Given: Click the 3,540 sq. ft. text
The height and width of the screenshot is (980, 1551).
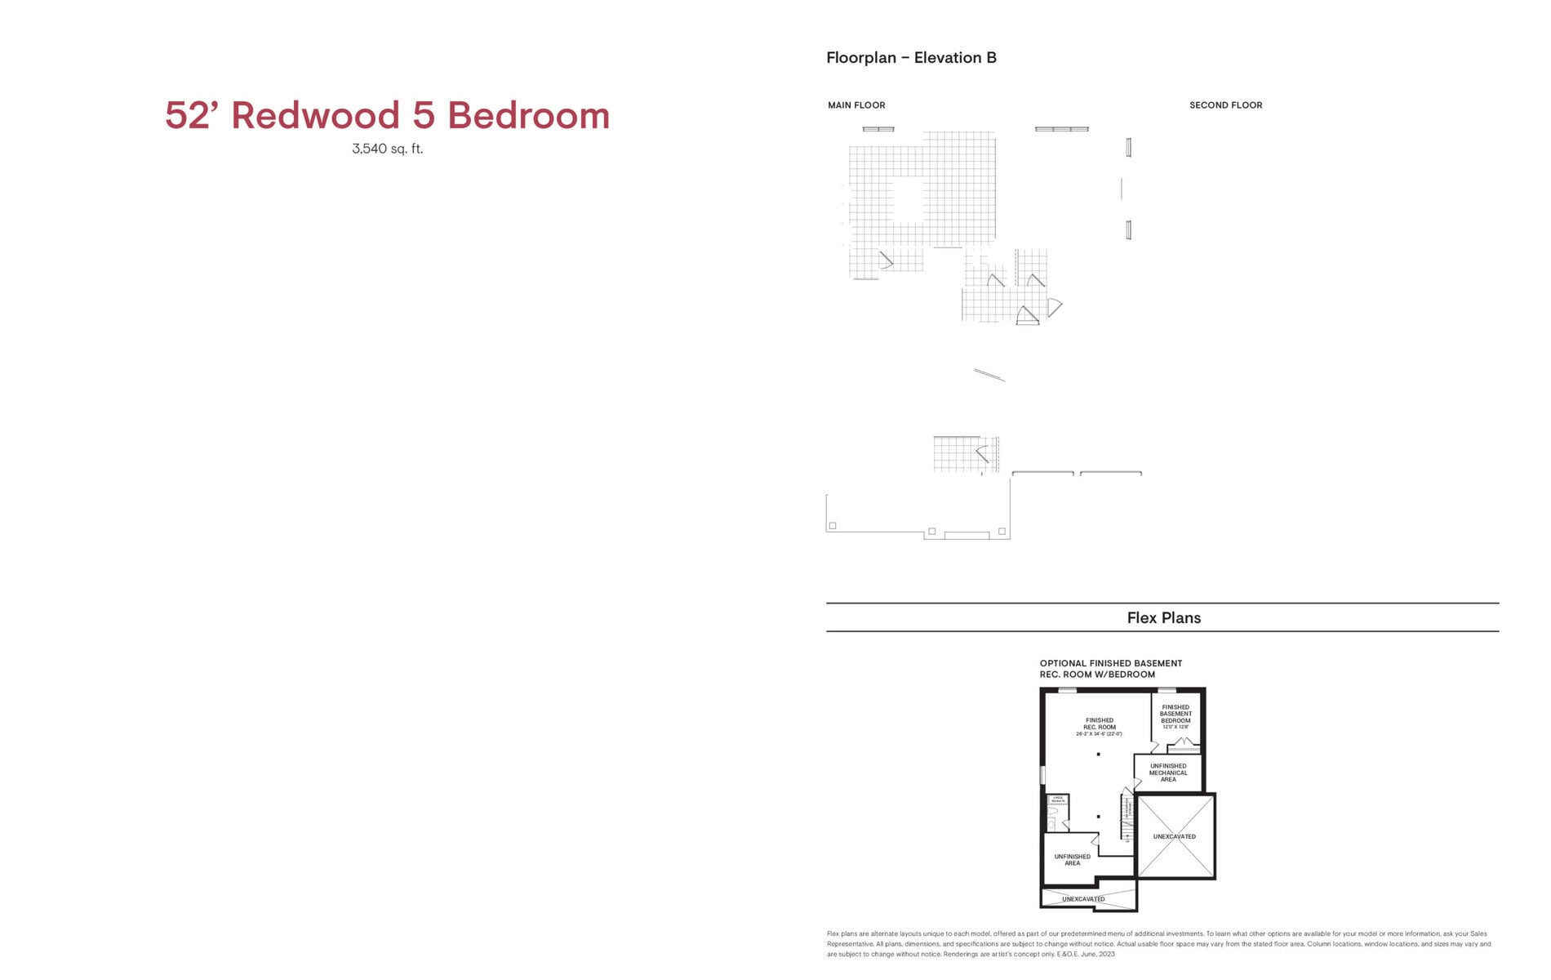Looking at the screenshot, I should tap(387, 149).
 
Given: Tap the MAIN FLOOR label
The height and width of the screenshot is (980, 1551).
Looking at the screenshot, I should tap(856, 105).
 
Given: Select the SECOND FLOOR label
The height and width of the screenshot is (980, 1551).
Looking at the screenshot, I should tap(1225, 105).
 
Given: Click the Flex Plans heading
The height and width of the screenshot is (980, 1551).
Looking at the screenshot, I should tap(1163, 618).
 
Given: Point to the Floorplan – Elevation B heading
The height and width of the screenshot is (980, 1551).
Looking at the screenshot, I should tap(911, 58).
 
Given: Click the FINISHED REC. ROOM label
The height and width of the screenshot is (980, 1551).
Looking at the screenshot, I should tap(1099, 724).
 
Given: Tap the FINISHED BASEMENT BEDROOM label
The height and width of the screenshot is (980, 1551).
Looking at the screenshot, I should tap(1175, 714).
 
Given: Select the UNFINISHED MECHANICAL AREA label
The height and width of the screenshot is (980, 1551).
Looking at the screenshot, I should tap(1168, 773).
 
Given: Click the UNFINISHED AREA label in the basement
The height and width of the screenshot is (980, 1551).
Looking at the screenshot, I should tap(1072, 860).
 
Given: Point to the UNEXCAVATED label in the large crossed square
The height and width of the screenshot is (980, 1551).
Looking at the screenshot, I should tap(1174, 837).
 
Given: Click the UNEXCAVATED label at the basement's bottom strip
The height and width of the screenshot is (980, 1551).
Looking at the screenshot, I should tap(1083, 899).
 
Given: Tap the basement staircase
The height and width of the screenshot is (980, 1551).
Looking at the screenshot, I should tap(1127, 817).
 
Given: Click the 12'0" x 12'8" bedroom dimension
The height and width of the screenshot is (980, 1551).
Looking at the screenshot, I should tap(1175, 727).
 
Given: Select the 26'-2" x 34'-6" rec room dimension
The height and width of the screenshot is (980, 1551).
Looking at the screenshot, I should tap(1099, 734).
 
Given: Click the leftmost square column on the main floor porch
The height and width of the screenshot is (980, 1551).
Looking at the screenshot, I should tap(833, 526).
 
